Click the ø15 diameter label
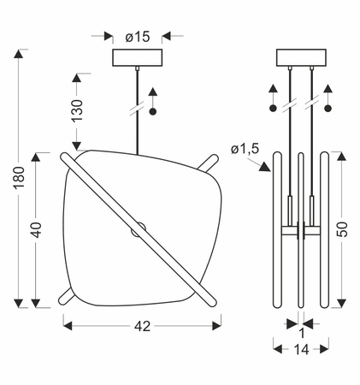coord(138,37)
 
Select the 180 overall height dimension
coord(20,177)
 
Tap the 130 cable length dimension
coord(77,110)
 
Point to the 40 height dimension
coord(36,230)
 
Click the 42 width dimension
coord(142,326)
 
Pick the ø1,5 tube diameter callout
coord(245,149)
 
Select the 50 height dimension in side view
coord(342,229)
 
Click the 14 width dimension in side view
coord(301,349)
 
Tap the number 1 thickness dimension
coord(302,333)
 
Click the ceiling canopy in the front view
coord(138,58)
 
